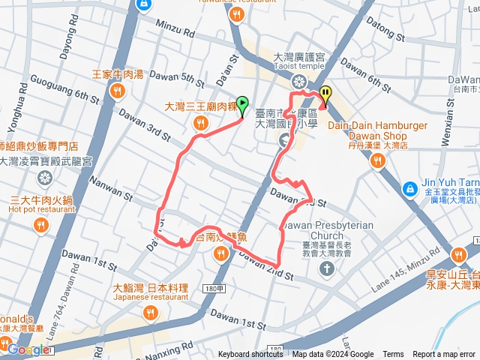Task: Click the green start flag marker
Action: click(242, 103)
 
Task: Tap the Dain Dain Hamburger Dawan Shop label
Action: click(377, 130)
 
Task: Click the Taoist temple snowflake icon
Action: click(299, 81)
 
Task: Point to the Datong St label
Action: click(387, 33)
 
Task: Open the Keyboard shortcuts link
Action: click(250, 355)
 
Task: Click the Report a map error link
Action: click(444, 355)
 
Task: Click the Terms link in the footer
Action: click(393, 355)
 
